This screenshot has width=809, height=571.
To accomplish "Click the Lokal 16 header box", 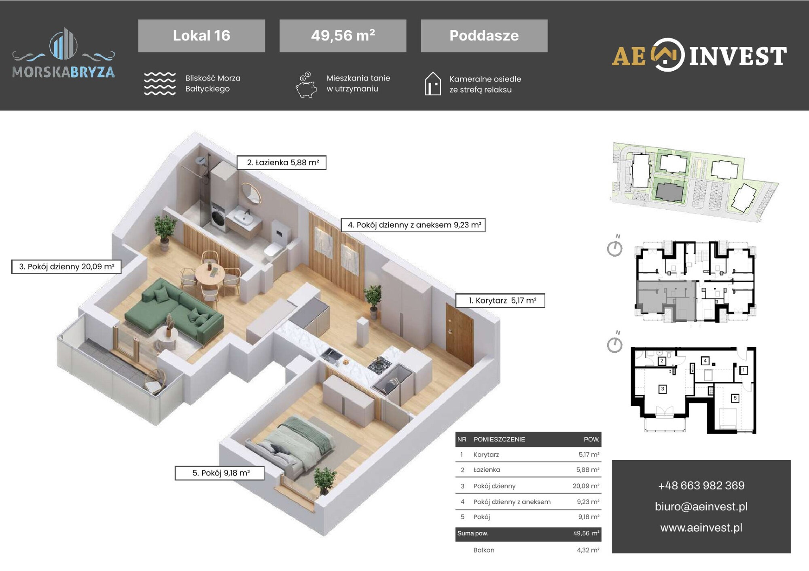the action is pos(201,36).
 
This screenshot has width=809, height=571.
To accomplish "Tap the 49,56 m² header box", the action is pos(343,36).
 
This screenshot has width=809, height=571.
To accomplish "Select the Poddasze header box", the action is pos(484,36).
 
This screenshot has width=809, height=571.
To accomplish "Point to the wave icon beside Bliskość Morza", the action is pos(160,84).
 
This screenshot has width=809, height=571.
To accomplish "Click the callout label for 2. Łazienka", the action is pos(282,162).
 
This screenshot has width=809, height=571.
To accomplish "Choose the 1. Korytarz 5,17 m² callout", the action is pos(500,301).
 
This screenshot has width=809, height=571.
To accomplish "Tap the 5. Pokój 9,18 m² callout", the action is pos(219,473).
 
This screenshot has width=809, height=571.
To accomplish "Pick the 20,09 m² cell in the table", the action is pos(586,486).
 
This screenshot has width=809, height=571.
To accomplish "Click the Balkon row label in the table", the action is pos(484,550).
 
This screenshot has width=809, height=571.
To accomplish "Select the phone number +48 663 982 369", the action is pos(701,485).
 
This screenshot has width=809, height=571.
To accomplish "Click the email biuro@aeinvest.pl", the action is pos(701,506).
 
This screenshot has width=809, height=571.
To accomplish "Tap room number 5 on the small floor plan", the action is pos(735,398).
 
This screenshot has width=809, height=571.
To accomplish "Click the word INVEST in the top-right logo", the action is pos(738,56).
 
